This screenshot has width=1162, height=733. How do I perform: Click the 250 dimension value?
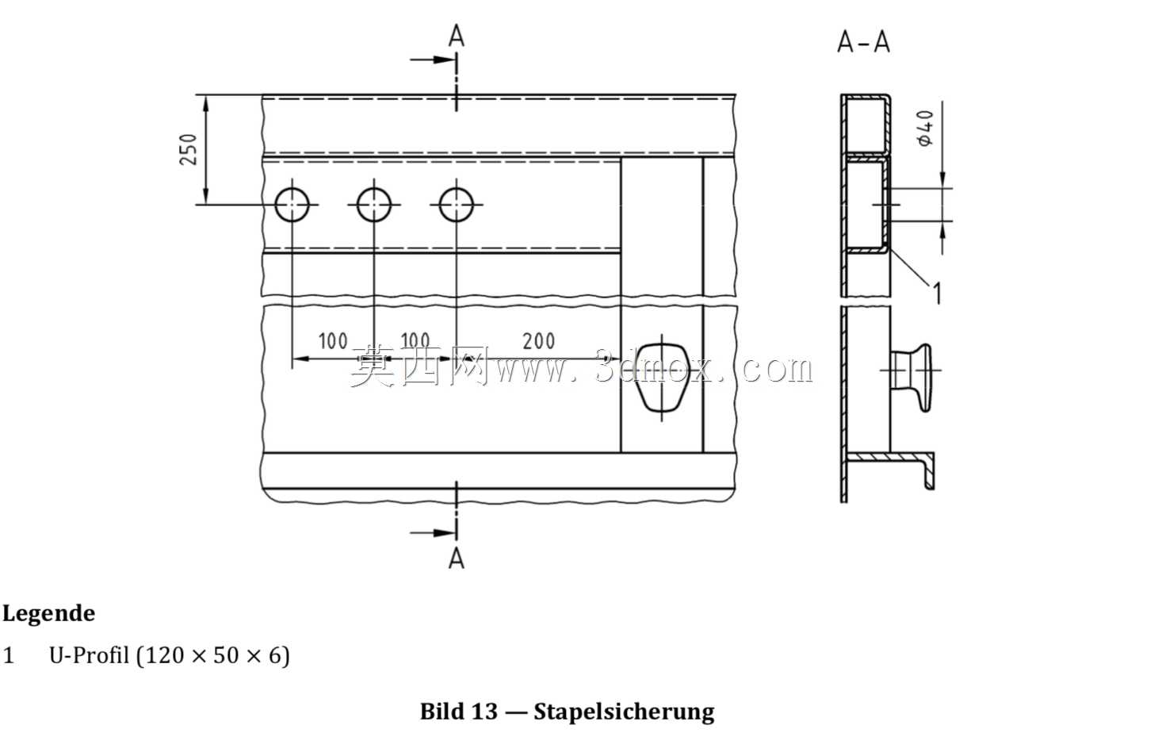click(189, 149)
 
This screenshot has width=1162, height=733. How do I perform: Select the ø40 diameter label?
click(926, 129)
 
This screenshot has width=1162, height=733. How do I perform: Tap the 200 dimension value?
click(538, 341)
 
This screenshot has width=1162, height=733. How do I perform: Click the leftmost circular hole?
click(292, 205)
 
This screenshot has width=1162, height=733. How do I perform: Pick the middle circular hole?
click(374, 205)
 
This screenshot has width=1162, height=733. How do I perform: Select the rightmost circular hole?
click(457, 205)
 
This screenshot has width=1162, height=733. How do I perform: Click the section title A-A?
click(864, 42)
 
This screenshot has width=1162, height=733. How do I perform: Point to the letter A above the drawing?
click(457, 36)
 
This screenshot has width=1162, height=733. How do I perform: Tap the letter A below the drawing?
click(457, 558)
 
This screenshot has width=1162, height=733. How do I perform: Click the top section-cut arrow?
click(433, 59)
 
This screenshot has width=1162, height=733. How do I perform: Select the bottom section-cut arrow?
click(433, 532)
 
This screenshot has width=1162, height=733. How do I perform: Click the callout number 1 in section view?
click(937, 293)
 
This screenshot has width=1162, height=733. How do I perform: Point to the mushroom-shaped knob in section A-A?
click(912, 370)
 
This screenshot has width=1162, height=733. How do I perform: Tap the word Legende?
click(49, 613)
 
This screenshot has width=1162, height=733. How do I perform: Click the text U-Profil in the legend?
click(89, 655)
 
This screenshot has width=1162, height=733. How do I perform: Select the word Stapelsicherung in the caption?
click(624, 712)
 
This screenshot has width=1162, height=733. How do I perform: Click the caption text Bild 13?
click(459, 712)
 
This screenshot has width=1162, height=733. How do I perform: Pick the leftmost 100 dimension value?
click(333, 341)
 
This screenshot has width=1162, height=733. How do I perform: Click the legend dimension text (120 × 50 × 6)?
click(212, 655)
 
